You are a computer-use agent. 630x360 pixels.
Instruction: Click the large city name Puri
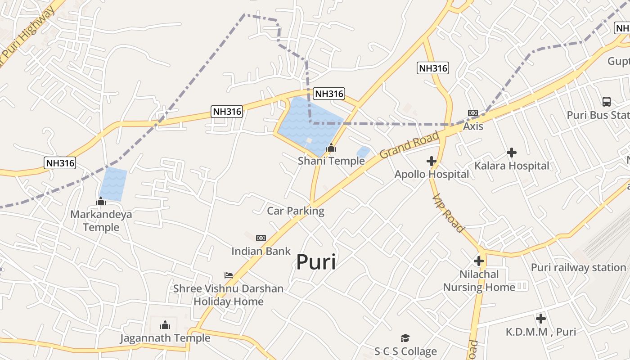click(316, 262)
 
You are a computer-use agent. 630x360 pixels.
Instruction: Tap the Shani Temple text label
click(331, 161)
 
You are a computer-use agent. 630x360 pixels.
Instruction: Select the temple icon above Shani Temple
click(331, 148)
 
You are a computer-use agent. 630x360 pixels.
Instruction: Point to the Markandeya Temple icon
click(101, 201)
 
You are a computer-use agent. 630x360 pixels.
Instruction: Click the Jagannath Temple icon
click(165, 324)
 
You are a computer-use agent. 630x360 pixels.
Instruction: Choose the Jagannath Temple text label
click(165, 338)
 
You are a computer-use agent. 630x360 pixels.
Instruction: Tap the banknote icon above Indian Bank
click(261, 238)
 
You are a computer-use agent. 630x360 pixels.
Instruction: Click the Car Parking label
click(296, 211)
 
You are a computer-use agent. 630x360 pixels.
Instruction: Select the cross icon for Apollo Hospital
click(432, 161)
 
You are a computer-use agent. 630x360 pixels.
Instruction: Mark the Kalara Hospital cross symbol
click(512, 153)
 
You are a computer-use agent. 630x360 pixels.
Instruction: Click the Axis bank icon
click(473, 113)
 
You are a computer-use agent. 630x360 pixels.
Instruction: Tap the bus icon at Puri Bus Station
click(607, 102)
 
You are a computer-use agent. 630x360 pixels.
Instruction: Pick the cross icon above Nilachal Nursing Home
click(479, 261)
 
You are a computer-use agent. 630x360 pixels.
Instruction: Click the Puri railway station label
click(578, 267)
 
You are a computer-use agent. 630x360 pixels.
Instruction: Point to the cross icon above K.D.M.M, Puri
click(541, 319)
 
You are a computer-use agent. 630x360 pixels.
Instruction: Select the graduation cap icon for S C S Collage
click(405, 338)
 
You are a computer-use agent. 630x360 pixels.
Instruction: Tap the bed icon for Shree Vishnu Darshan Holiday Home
click(229, 275)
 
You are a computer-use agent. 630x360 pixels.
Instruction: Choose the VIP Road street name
click(448, 213)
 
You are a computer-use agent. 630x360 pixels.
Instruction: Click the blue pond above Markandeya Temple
click(113, 184)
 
